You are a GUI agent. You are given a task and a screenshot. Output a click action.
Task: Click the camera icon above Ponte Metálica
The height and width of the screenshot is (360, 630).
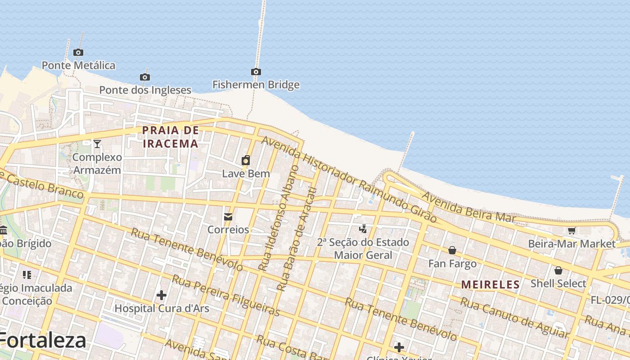tap(78, 53)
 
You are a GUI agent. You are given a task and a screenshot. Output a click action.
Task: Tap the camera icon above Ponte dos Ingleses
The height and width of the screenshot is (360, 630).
tap(144, 77)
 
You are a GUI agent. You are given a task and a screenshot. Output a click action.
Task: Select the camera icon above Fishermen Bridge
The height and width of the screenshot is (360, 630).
tap(256, 72)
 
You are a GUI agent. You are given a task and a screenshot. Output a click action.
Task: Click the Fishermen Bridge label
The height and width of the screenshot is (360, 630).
tap(256, 85)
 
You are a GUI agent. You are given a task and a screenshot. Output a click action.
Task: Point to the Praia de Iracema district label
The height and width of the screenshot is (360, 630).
tap(170, 137)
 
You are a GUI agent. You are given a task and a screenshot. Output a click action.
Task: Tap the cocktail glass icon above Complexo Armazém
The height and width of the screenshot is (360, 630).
tap(97, 144)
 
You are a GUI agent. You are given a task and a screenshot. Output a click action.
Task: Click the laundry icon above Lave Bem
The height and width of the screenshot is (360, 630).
tap(246, 160)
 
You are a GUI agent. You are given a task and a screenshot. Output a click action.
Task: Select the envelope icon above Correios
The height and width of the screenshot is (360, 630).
tap(228, 217)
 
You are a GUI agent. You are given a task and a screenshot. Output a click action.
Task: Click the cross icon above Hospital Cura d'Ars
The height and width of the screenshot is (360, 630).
tap(162, 295)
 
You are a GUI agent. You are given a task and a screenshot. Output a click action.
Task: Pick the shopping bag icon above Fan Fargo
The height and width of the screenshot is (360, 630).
tap(452, 250)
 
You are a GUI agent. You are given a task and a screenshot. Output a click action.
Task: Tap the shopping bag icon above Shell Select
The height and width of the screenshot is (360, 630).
tap(558, 270)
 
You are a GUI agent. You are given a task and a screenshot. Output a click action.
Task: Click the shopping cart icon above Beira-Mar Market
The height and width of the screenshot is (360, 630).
tap(571, 231)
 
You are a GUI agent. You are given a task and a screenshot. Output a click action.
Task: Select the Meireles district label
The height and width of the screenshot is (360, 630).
tap(490, 284)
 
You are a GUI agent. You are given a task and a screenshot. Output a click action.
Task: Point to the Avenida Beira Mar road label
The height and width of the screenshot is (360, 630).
tap(468, 207)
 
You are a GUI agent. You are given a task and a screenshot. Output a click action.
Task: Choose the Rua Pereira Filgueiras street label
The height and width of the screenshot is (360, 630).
tap(226, 296)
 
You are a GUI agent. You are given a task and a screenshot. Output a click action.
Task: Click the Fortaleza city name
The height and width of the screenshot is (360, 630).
tap(43, 341)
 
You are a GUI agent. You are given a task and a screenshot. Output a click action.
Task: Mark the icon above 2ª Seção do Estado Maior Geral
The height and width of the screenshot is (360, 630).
tap(363, 229)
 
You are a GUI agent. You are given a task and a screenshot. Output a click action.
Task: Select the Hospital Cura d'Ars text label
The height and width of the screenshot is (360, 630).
tap(162, 308)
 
